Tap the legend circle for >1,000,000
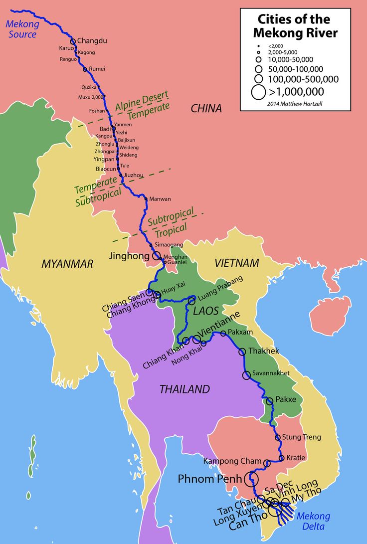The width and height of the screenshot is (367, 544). [x=258, y=92]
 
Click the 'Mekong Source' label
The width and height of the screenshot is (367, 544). [x=21, y=29]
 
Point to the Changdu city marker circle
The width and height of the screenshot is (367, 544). [x=73, y=41]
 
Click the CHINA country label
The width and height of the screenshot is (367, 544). [x=206, y=108]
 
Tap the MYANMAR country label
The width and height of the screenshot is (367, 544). [x=67, y=264]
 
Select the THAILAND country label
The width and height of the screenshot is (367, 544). [x=184, y=389]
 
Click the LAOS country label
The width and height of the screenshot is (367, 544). [x=206, y=311]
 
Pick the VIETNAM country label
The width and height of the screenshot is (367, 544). [x=237, y=263]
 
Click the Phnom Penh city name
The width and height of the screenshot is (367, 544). [x=209, y=479]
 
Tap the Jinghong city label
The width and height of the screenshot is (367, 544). [x=129, y=256]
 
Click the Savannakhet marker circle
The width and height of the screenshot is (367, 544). [x=246, y=375]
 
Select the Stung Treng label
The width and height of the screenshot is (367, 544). [x=301, y=437]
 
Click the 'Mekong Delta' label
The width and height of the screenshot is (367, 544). [x=313, y=521]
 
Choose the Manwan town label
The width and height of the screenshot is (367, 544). [x=161, y=199]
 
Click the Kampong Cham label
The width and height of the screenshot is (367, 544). [x=233, y=461]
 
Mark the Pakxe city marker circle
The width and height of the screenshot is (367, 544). [x=270, y=400]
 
